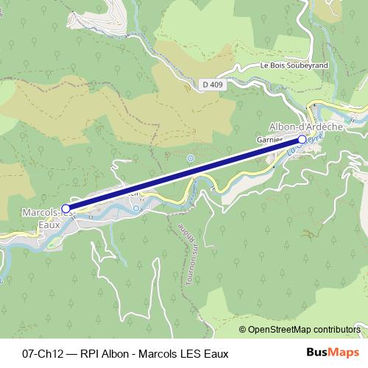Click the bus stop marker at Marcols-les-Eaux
(66, 209)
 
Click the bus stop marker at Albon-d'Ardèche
(302, 138)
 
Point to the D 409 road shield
(212, 85)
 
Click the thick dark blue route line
(184, 174)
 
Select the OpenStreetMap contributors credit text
(303, 329)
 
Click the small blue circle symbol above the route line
(191, 158)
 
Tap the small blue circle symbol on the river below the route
(137, 209)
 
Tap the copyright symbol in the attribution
(243, 329)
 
